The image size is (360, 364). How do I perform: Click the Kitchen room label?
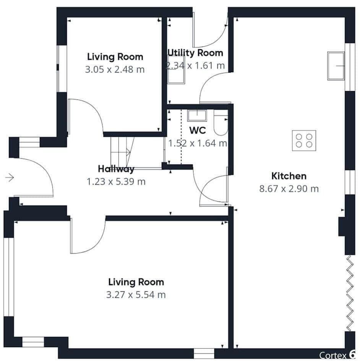(x=289, y=176)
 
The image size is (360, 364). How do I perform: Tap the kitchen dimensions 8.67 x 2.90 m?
(x=289, y=189)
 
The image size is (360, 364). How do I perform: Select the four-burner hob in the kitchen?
(x=304, y=141)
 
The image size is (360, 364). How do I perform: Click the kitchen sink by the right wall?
(x=336, y=66)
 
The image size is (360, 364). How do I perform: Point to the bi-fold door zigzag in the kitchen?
(x=349, y=293)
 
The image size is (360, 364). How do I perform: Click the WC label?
(x=197, y=130)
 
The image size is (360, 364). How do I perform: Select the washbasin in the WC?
(x=197, y=115)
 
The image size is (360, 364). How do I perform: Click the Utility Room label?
(x=195, y=53)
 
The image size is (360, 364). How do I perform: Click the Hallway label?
(x=116, y=169)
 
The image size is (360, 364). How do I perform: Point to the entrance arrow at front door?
(x=10, y=178)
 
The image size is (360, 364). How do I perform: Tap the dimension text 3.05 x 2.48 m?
(x=115, y=70)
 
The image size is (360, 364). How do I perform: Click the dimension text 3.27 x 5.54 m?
(x=136, y=295)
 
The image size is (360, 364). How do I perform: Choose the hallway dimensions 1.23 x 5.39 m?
(x=116, y=181)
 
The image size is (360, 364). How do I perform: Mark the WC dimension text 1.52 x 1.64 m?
(x=198, y=143)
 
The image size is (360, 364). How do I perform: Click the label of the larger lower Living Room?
(x=136, y=282)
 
